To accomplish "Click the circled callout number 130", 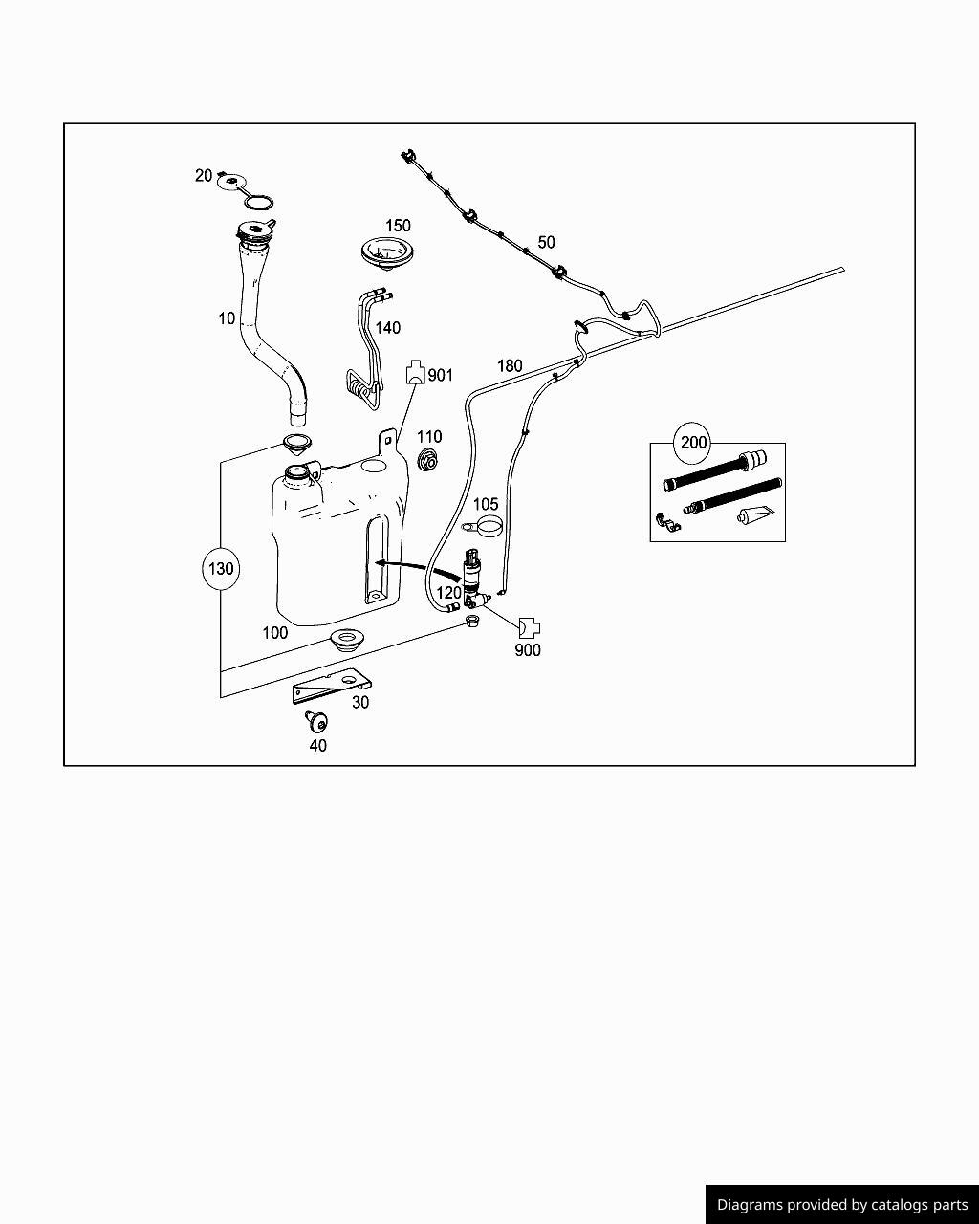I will pyautogui.click(x=220, y=568).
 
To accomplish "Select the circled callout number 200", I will pyautogui.click(x=693, y=442).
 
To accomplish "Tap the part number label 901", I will pyautogui.click(x=441, y=376).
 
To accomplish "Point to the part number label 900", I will pyautogui.click(x=528, y=650).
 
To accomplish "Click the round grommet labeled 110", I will pyautogui.click(x=429, y=459).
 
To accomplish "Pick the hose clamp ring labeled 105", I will pyautogui.click(x=486, y=526).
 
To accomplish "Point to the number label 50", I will pyautogui.click(x=546, y=242).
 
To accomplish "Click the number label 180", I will pyautogui.click(x=510, y=365).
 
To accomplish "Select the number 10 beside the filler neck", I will pyautogui.click(x=227, y=318).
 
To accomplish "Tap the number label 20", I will pyautogui.click(x=204, y=175).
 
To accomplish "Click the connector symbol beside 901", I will pyautogui.click(x=415, y=372).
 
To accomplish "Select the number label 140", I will pyautogui.click(x=387, y=328).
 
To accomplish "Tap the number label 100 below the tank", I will pyautogui.click(x=274, y=632).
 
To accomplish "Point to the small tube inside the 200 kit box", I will pyautogui.click(x=754, y=515).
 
